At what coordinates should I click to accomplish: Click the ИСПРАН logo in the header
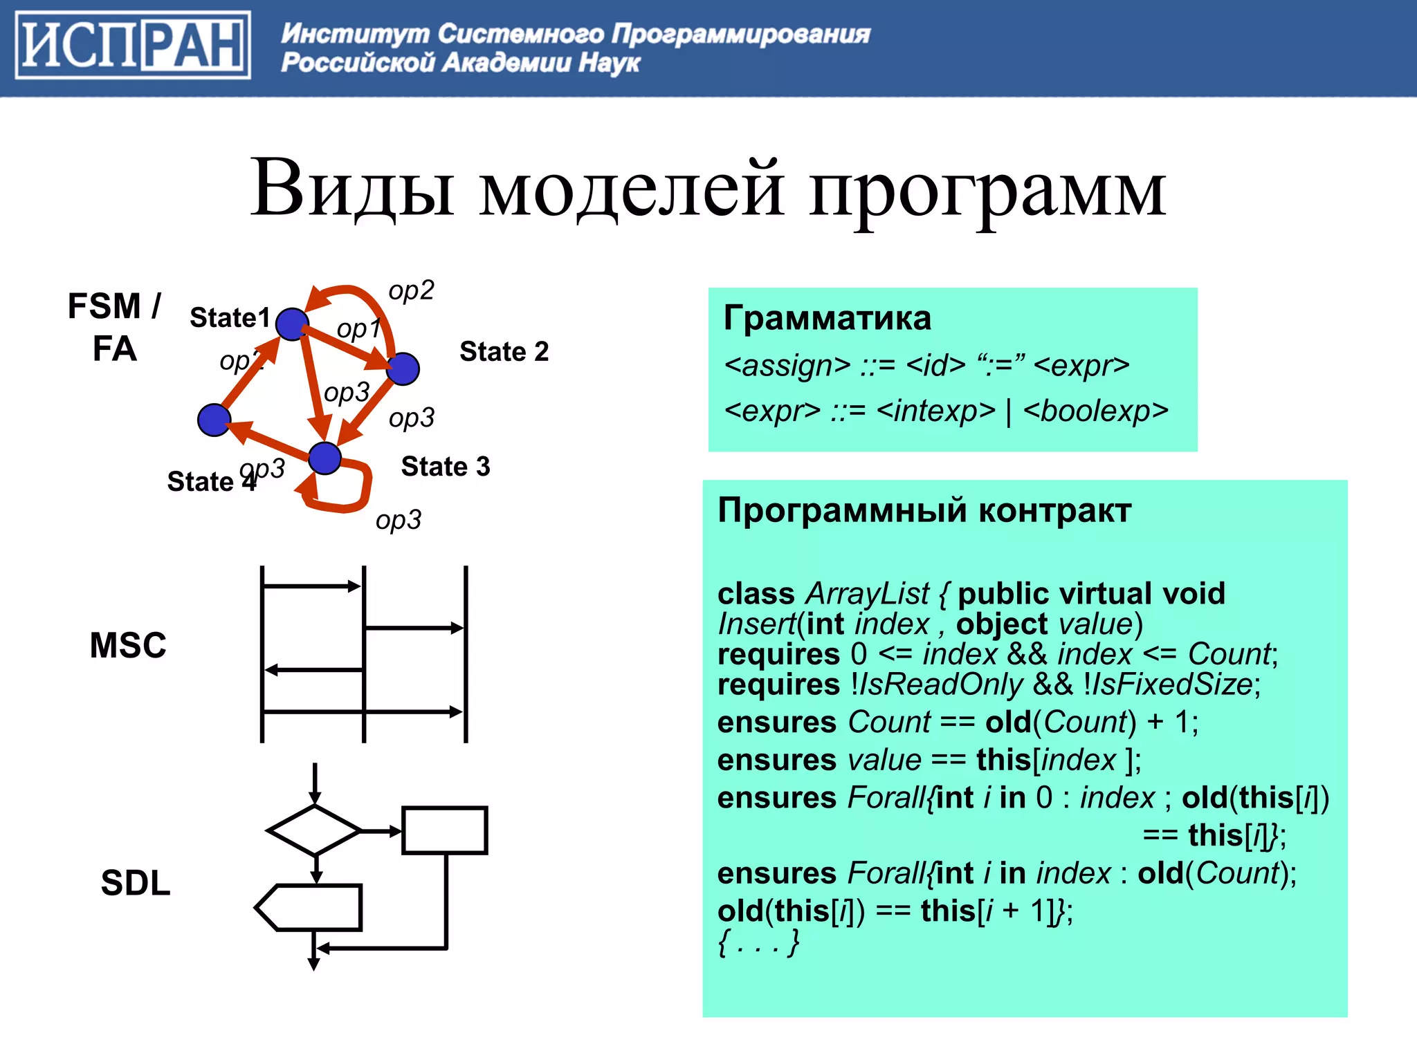(x=133, y=46)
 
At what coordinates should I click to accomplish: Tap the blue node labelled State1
(x=292, y=324)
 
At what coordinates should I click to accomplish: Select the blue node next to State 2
(x=403, y=369)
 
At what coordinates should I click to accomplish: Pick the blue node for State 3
(x=324, y=458)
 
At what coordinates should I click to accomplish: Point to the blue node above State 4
(x=214, y=420)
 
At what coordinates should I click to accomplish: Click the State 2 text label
(x=504, y=351)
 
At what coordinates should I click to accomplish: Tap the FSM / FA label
(x=114, y=327)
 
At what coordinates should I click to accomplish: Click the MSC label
(x=128, y=645)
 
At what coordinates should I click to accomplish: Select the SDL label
(x=136, y=882)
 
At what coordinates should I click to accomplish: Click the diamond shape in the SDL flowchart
(x=315, y=830)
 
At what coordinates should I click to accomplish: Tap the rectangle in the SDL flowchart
(x=445, y=830)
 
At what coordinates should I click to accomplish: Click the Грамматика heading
(x=827, y=318)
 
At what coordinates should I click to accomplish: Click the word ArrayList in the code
(x=868, y=594)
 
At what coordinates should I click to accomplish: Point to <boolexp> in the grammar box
(x=1096, y=411)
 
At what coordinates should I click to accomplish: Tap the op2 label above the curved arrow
(x=411, y=290)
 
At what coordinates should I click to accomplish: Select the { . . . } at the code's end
(x=759, y=942)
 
